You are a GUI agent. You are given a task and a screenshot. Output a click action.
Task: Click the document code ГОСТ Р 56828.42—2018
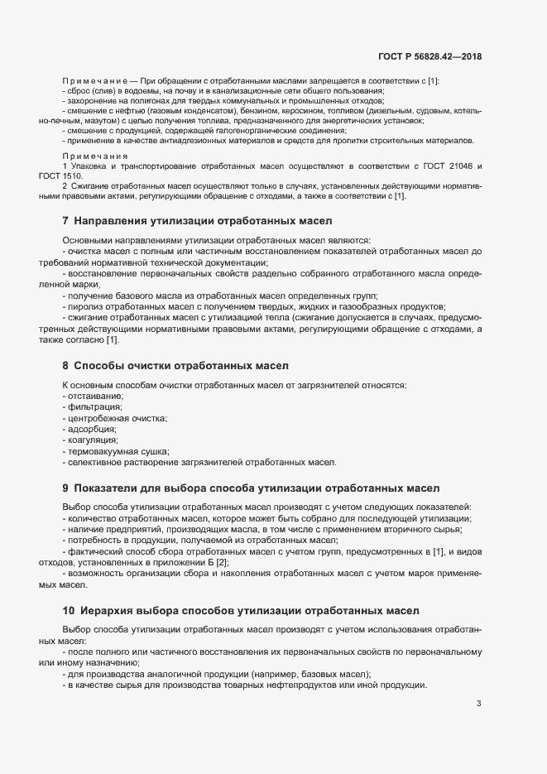click(x=430, y=56)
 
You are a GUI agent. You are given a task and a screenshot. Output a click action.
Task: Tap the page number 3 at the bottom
click(x=478, y=704)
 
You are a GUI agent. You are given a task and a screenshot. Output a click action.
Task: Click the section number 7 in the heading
click(x=65, y=222)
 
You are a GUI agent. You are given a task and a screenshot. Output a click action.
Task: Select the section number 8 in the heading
click(x=65, y=365)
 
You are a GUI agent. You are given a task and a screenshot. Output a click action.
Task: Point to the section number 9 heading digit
click(x=65, y=488)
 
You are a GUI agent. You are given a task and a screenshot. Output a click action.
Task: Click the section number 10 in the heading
click(x=69, y=611)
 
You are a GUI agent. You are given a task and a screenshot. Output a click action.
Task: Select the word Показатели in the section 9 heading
click(x=109, y=488)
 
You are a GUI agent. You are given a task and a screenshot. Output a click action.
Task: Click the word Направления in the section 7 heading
click(x=113, y=222)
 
